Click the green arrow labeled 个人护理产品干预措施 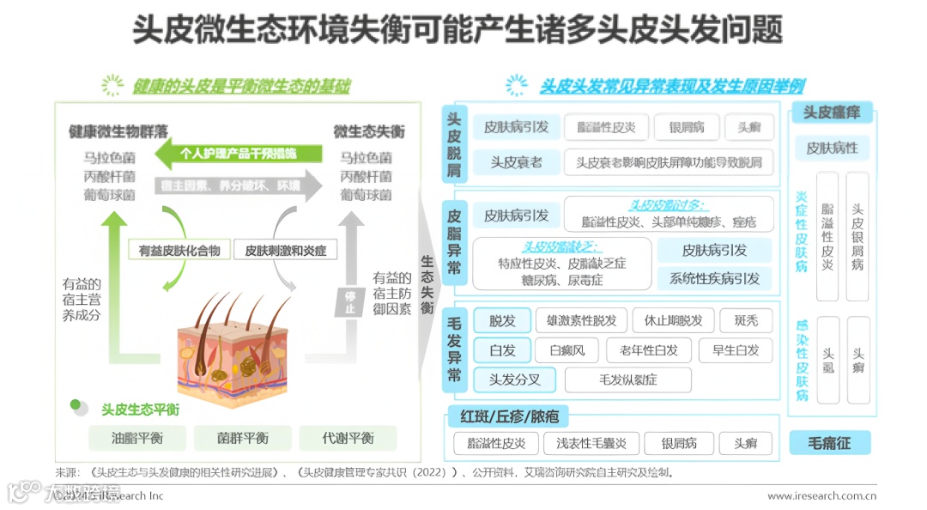tap(238, 154)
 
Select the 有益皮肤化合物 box tap(179, 251)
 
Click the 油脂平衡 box tap(136, 438)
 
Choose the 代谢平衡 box tap(348, 438)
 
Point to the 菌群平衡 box tap(243, 438)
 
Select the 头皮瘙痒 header tap(831, 112)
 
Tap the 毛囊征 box tap(830, 443)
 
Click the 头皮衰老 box tap(516, 161)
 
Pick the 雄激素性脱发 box tap(580, 321)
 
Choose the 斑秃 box tap(746, 321)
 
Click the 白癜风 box tap(566, 350)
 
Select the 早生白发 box tap(736, 350)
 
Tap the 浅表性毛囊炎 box tap(591, 443)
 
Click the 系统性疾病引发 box tap(714, 278)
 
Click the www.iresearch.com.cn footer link tap(821, 495)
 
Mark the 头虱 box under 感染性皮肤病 tap(828, 359)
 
